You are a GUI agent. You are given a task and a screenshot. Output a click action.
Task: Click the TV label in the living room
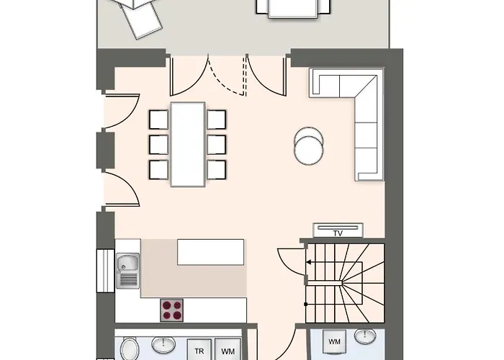pyautogui.click(x=337, y=233)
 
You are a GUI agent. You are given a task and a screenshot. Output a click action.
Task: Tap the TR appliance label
pyautogui.click(x=199, y=351)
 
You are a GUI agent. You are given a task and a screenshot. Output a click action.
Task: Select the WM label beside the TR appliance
pyautogui.click(x=228, y=351)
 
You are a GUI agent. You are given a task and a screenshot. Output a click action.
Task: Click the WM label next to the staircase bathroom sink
pyautogui.click(x=334, y=341)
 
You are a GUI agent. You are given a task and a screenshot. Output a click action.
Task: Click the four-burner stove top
pyautogui.click(x=171, y=310)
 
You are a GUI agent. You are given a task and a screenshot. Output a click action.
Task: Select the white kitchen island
pyautogui.click(x=210, y=253)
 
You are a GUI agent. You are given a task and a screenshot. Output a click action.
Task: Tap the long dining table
pyautogui.click(x=187, y=143)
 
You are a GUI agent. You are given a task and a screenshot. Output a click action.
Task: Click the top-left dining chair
pyautogui.click(x=158, y=118)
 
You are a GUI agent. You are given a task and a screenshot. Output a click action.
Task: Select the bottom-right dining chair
pyautogui.click(x=216, y=169)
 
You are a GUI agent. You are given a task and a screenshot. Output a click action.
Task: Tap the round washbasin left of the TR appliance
pyautogui.click(x=164, y=346)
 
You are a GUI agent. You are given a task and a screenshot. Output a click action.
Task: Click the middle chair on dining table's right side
pyautogui.click(x=216, y=143)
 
